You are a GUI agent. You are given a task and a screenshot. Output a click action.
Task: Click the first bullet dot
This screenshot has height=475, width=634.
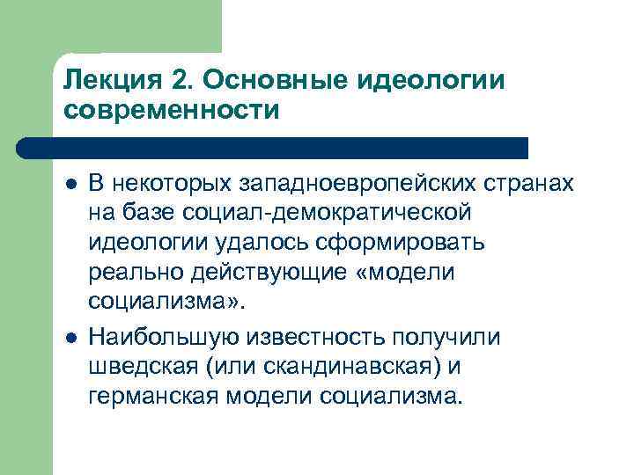point(70,183)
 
